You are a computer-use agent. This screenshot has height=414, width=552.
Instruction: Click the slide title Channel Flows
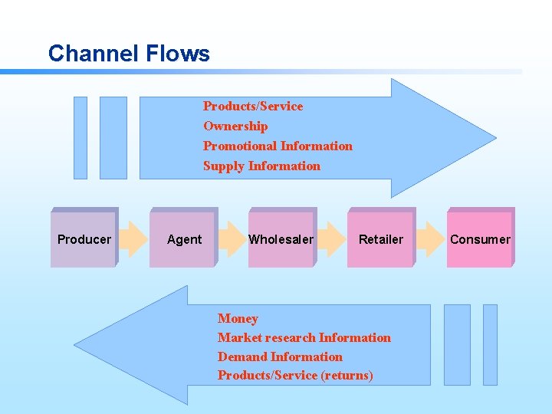point(128,54)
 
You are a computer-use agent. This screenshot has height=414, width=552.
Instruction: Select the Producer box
point(84,238)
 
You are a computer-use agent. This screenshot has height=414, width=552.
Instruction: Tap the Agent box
point(184,238)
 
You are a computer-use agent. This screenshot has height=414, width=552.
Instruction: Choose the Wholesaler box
point(281,238)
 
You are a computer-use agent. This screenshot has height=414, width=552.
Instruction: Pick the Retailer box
point(380,238)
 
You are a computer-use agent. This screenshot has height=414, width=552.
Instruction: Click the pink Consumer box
point(480,238)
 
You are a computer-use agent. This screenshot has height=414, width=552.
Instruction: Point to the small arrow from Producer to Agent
point(133,238)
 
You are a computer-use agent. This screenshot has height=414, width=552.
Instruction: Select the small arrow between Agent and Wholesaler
point(231,238)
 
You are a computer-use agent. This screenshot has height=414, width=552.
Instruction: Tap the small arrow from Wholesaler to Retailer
point(331,238)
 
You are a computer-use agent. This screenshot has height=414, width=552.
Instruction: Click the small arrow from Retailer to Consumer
point(431,238)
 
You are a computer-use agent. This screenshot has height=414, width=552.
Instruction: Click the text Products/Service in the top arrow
point(253,106)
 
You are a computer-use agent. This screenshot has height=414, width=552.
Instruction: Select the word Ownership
point(235,126)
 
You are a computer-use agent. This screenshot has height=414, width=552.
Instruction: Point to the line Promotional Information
point(278,146)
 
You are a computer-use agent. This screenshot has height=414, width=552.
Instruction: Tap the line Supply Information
point(261,166)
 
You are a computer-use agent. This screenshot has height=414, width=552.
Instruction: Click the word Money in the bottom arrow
point(238,318)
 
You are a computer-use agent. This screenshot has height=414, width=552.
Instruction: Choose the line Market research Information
point(304,337)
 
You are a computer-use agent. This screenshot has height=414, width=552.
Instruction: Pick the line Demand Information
point(280,356)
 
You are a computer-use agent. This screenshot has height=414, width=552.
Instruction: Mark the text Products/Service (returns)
point(295,375)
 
